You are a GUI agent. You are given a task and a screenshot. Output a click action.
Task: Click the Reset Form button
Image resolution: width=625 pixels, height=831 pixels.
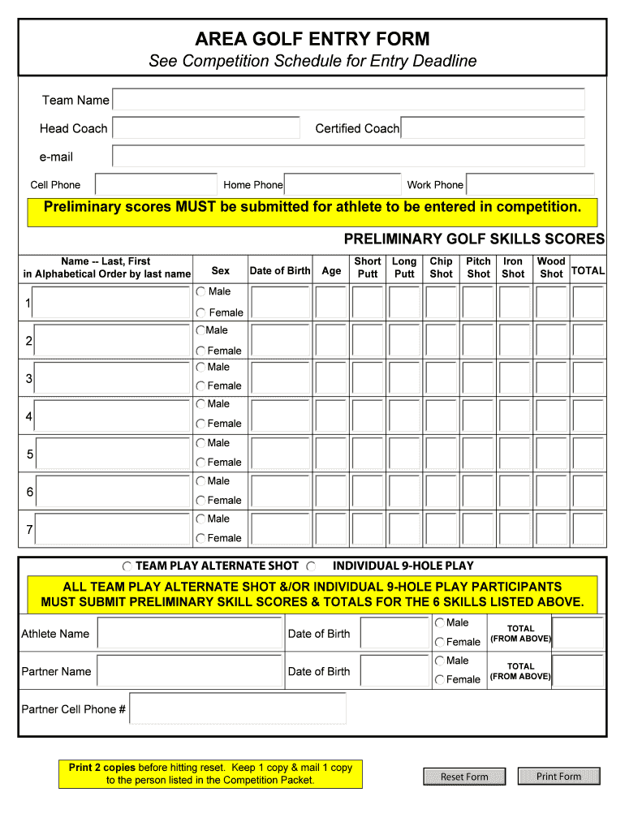pos(464,777)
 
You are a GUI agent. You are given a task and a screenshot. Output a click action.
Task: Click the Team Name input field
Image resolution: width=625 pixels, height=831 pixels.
pos(348,100)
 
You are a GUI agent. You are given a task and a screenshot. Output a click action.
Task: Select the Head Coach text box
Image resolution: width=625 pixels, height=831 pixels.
pos(205,128)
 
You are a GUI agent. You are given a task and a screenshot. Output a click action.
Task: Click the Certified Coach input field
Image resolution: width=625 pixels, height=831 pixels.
pos(493,128)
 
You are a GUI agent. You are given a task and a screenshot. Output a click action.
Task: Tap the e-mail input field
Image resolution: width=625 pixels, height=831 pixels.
pos(348,156)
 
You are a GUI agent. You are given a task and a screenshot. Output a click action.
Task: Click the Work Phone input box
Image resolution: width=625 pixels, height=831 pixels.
pos(530,184)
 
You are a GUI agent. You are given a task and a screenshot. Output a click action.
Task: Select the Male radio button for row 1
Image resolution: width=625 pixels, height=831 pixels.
pos(200,291)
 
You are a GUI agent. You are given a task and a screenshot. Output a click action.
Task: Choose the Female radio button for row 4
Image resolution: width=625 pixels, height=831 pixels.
pos(200,424)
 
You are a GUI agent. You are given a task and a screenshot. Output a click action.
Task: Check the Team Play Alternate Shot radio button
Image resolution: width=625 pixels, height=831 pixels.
pos(127,566)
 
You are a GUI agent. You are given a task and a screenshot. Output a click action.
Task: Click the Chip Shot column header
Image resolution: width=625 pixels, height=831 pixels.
pos(441,268)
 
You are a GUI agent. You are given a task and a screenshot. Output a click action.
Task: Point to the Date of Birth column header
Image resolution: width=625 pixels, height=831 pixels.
pos(279,270)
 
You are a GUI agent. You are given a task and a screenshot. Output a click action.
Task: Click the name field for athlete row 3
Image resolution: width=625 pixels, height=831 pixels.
pos(113,378)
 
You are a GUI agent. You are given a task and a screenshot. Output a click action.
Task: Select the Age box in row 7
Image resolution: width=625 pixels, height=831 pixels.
pos(330,529)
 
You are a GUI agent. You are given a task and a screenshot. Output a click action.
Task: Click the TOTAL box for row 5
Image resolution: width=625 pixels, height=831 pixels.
pos(588,454)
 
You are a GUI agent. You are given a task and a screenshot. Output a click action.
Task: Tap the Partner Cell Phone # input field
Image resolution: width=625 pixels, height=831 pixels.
pos(238,708)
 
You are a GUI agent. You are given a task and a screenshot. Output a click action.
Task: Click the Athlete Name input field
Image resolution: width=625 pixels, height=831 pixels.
pos(190,634)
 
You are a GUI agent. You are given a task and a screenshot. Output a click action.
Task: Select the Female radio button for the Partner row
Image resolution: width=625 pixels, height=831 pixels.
pos(440,680)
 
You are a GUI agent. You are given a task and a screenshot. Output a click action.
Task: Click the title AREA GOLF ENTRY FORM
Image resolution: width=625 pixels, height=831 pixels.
pos(312,39)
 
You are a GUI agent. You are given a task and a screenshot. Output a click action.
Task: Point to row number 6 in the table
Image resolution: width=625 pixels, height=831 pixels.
pos(29,492)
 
